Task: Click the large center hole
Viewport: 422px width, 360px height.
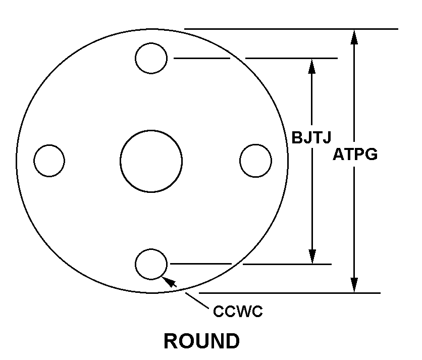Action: [x=151, y=161]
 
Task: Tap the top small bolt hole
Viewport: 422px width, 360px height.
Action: [x=151, y=58]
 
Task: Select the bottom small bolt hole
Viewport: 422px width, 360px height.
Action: [x=151, y=264]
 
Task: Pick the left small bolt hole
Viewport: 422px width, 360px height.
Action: [x=49, y=161]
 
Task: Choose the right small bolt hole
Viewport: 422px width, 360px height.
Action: [x=256, y=161]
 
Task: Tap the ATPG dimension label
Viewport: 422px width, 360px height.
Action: [x=355, y=155]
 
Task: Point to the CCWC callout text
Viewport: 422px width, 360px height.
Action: [x=238, y=312]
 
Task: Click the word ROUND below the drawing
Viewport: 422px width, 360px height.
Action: [x=201, y=341]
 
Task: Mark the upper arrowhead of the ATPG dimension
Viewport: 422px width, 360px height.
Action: [x=355, y=35]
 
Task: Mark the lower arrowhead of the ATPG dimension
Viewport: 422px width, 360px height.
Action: [x=355, y=286]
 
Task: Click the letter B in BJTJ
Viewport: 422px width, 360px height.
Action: [x=297, y=138]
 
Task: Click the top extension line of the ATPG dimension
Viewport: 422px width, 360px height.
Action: [x=303, y=29]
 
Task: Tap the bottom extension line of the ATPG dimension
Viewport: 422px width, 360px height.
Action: [x=303, y=293]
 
